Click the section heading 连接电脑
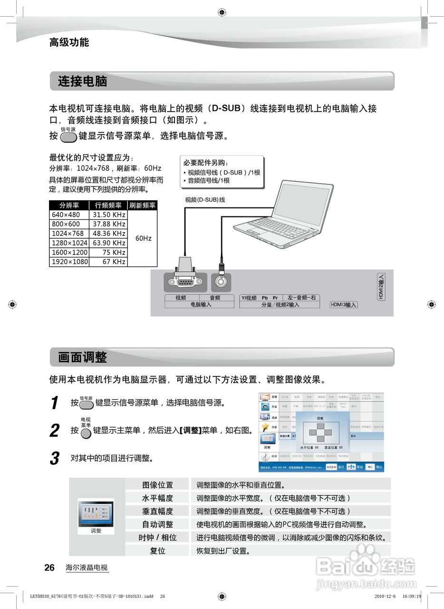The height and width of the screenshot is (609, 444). tap(83, 81)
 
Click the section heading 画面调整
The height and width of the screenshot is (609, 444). tap(83, 357)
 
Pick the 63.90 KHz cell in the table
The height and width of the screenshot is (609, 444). tap(109, 243)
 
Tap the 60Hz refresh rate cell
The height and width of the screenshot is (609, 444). tap(143, 238)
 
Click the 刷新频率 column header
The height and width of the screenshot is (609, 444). tap(143, 206)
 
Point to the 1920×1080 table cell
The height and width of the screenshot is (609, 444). tap(69, 262)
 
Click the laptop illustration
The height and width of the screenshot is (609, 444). tap(276, 214)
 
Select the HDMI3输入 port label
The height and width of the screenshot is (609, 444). tap(344, 305)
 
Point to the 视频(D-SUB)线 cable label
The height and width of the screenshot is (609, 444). tap(205, 200)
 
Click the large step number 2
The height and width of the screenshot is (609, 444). tap(55, 431)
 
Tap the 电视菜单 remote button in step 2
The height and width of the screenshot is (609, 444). tap(86, 433)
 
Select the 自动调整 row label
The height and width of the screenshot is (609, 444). tap(158, 524)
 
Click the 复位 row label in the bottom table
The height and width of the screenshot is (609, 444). tap(158, 550)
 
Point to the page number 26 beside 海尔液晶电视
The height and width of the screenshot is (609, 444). tap(49, 568)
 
